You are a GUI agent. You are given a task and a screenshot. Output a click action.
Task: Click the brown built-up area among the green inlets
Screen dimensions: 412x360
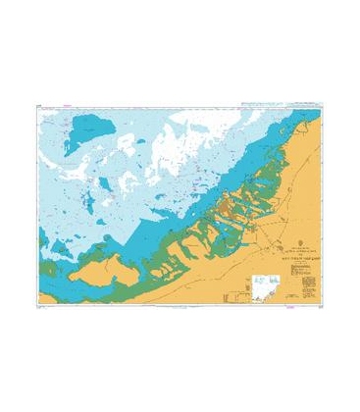pos(229,206)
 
